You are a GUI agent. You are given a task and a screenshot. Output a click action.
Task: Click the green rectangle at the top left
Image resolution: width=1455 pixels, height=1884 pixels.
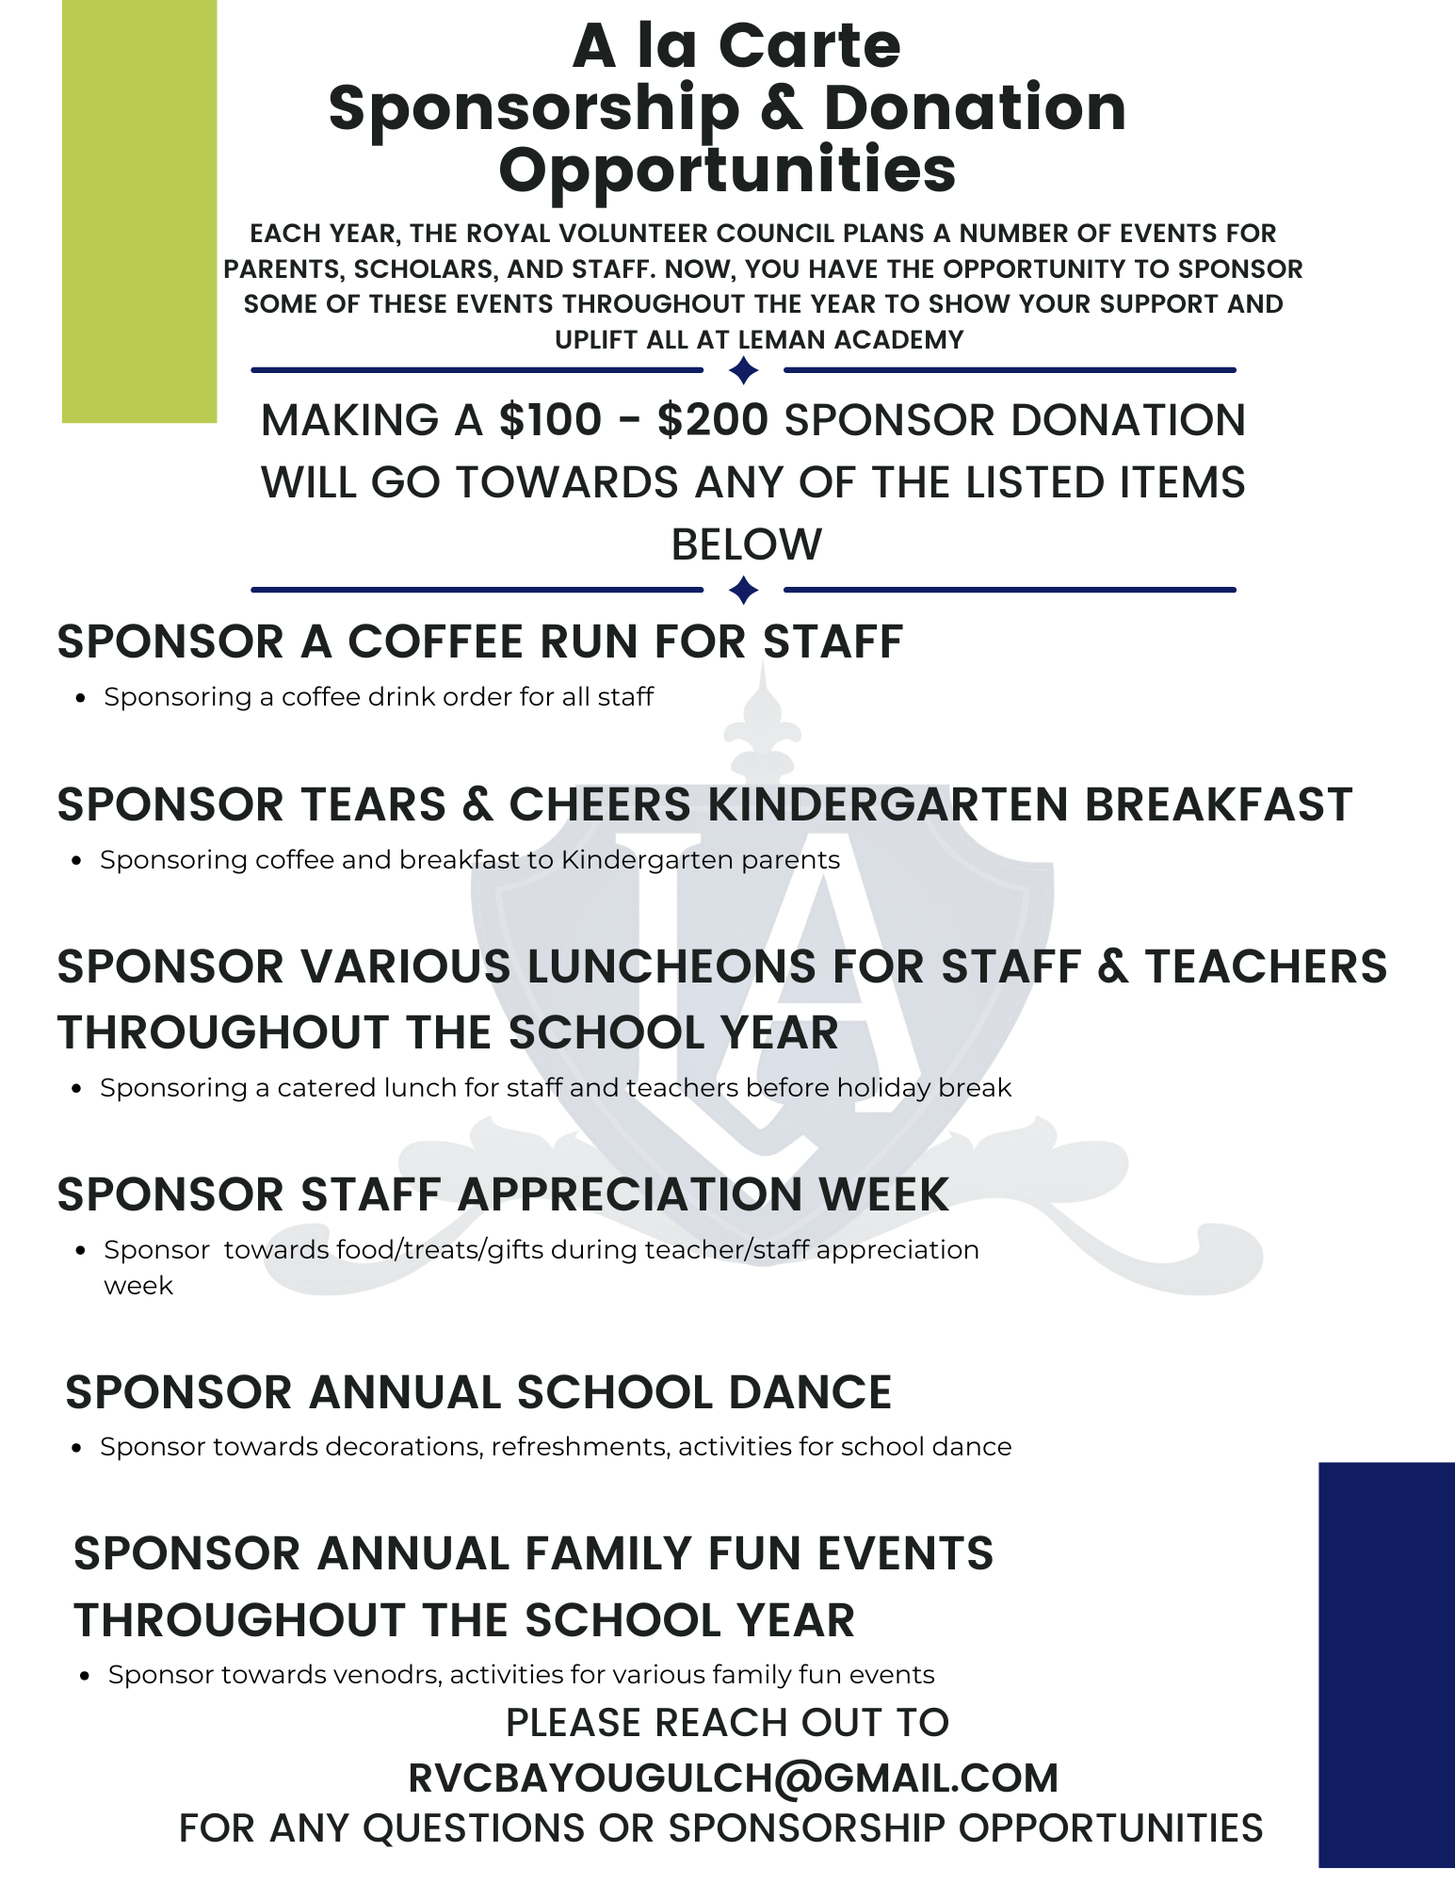[139, 211]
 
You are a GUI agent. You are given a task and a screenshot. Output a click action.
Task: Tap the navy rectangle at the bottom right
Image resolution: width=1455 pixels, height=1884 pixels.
[1386, 1664]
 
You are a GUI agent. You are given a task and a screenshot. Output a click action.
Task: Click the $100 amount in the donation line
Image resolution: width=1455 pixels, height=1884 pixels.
[550, 420]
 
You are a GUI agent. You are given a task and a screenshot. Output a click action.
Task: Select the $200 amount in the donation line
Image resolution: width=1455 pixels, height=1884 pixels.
[713, 420]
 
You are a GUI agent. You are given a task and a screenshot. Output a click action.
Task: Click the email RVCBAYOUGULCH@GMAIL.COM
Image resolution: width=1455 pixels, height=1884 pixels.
[733, 1778]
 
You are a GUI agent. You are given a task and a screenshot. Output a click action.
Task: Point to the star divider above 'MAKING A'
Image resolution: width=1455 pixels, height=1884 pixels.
[744, 370]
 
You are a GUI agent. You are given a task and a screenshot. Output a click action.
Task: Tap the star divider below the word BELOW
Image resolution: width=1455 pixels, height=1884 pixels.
[744, 591]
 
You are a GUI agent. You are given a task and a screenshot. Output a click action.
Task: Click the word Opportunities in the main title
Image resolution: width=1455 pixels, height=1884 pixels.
[727, 171]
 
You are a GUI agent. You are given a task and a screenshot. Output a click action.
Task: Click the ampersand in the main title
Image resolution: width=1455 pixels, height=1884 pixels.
[782, 108]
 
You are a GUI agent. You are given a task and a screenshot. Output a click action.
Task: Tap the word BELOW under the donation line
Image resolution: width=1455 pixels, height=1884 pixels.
[746, 544]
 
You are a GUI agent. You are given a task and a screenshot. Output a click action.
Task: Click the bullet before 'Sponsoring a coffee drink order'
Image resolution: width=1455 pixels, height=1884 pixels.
[82, 698]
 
